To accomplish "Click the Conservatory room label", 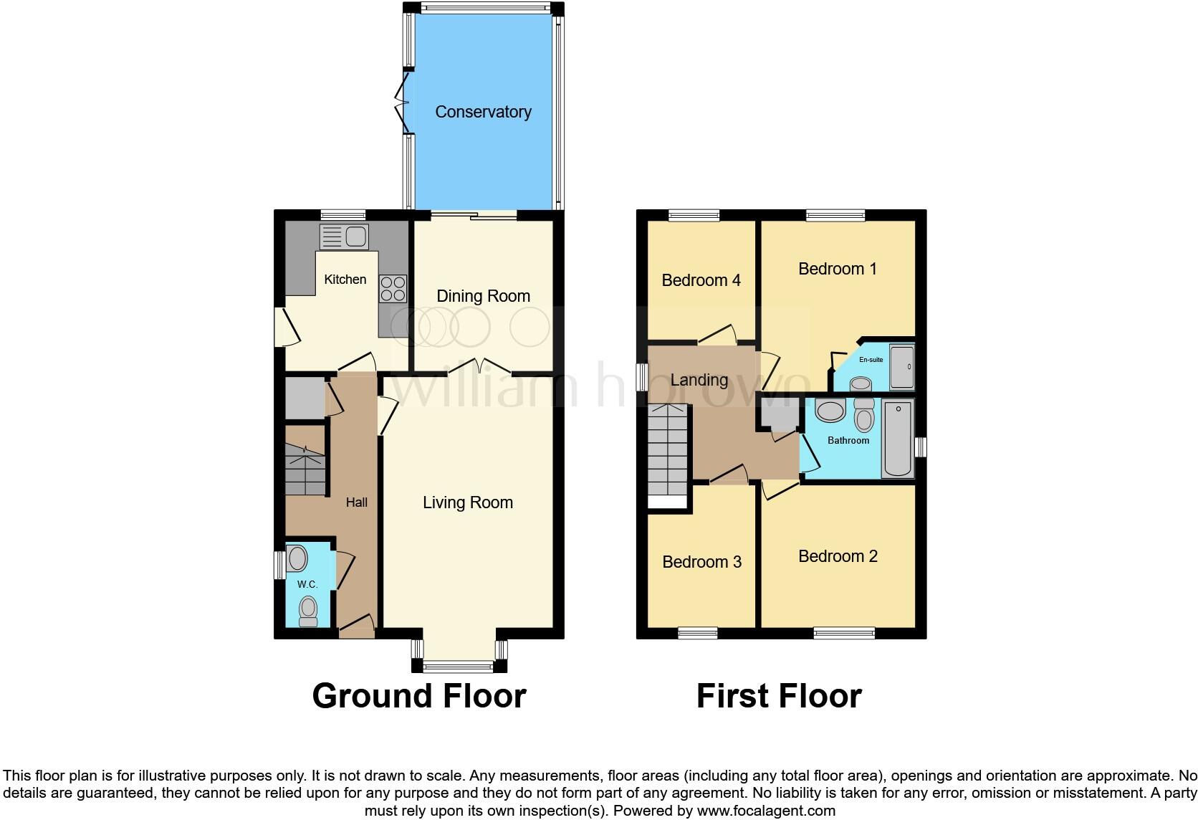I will [483, 112].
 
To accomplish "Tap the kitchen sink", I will [345, 237].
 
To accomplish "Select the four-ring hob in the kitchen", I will [393, 288].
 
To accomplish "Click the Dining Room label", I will [483, 296].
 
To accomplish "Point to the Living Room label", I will [467, 502].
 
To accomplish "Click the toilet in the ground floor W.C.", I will [308, 611].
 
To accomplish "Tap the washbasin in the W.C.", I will [297, 558].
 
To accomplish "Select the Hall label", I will [356, 502].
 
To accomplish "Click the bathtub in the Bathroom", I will [898, 439].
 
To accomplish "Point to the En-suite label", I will [871, 360].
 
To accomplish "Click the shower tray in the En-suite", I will [901, 367].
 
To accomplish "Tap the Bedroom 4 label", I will [701, 280].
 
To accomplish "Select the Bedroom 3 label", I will [701, 562].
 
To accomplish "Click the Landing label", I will [699, 380].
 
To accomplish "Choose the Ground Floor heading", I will [419, 696].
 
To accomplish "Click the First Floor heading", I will [779, 696].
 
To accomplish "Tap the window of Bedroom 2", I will [844, 633].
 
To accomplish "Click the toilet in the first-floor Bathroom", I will [864, 416].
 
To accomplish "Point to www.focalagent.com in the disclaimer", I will [766, 811].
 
